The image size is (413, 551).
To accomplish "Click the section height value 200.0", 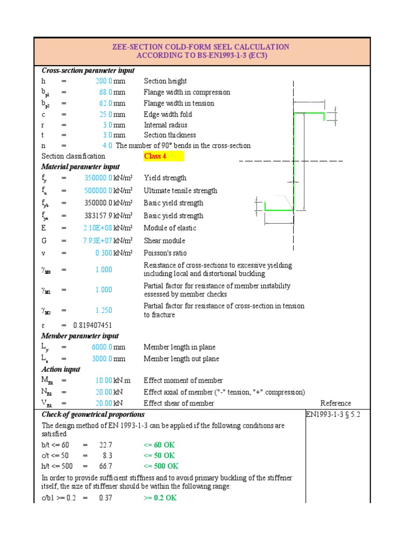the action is (104, 81).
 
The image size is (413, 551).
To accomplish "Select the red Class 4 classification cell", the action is (163, 157).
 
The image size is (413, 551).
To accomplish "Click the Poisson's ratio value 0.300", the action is (104, 253).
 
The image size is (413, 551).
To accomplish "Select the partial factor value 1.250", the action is (104, 310).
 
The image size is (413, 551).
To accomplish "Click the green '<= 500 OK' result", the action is (161, 466).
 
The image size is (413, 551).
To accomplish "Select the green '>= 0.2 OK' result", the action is (160, 498).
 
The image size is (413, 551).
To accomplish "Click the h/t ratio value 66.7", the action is (105, 466).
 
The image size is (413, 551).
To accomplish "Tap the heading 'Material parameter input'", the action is (81, 167).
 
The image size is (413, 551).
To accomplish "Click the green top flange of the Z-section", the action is (309, 114).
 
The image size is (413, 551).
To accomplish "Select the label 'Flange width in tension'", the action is (179, 103).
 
